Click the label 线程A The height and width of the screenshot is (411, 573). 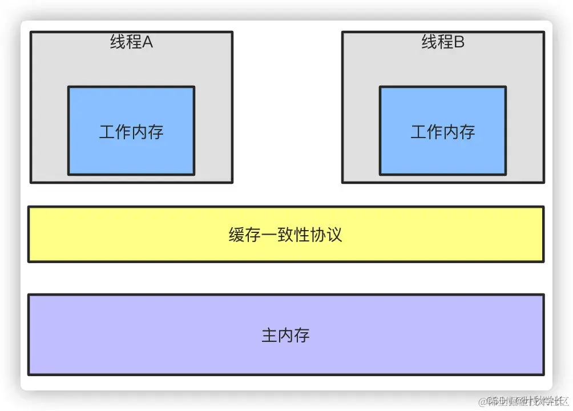pyautogui.click(x=131, y=42)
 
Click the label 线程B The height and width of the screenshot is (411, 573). pyautogui.click(x=443, y=42)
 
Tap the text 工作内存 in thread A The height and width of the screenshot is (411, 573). pyautogui.click(x=131, y=132)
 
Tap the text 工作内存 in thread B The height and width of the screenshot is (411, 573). pyautogui.click(x=443, y=132)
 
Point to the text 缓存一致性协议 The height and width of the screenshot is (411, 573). pyautogui.click(x=285, y=235)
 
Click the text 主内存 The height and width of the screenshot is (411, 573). pyautogui.click(x=285, y=335)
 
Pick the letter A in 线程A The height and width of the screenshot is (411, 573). pyautogui.click(x=147, y=42)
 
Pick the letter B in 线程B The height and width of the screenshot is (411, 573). pyautogui.click(x=459, y=42)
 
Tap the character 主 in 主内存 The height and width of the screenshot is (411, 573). pyautogui.click(x=269, y=335)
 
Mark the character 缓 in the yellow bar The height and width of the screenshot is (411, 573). pyautogui.click(x=237, y=235)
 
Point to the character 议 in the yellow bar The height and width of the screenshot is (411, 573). pyautogui.click(x=334, y=235)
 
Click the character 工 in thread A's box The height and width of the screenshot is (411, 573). pyautogui.click(x=107, y=132)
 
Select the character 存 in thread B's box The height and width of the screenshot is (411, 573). pyautogui.click(x=467, y=132)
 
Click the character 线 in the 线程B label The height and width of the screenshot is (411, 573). pyautogui.click(x=429, y=42)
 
